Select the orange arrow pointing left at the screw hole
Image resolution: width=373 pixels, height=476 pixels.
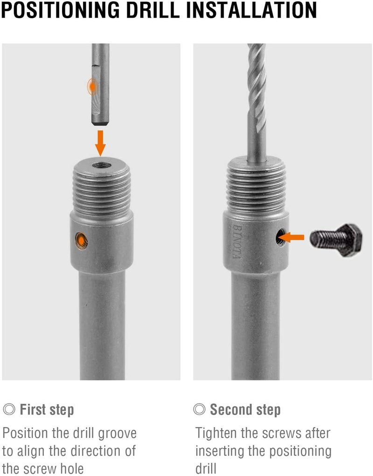click(x=294, y=238)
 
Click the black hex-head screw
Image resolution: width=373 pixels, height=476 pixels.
click(x=336, y=239)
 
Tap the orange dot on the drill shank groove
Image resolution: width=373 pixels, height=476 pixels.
click(x=93, y=86)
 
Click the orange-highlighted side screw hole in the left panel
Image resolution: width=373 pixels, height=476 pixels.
click(x=82, y=240)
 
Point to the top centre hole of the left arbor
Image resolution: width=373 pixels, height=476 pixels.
click(x=101, y=165)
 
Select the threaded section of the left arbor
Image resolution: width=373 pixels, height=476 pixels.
click(x=102, y=191)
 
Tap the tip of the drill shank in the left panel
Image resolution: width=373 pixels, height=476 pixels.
click(x=100, y=122)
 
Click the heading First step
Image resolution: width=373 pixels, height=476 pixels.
click(x=47, y=410)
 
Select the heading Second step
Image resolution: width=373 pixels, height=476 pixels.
click(x=245, y=410)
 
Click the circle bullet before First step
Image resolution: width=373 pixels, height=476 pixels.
click(x=9, y=410)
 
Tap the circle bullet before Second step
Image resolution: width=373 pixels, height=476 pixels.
click(x=200, y=410)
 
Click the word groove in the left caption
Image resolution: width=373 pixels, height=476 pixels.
click(x=115, y=433)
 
